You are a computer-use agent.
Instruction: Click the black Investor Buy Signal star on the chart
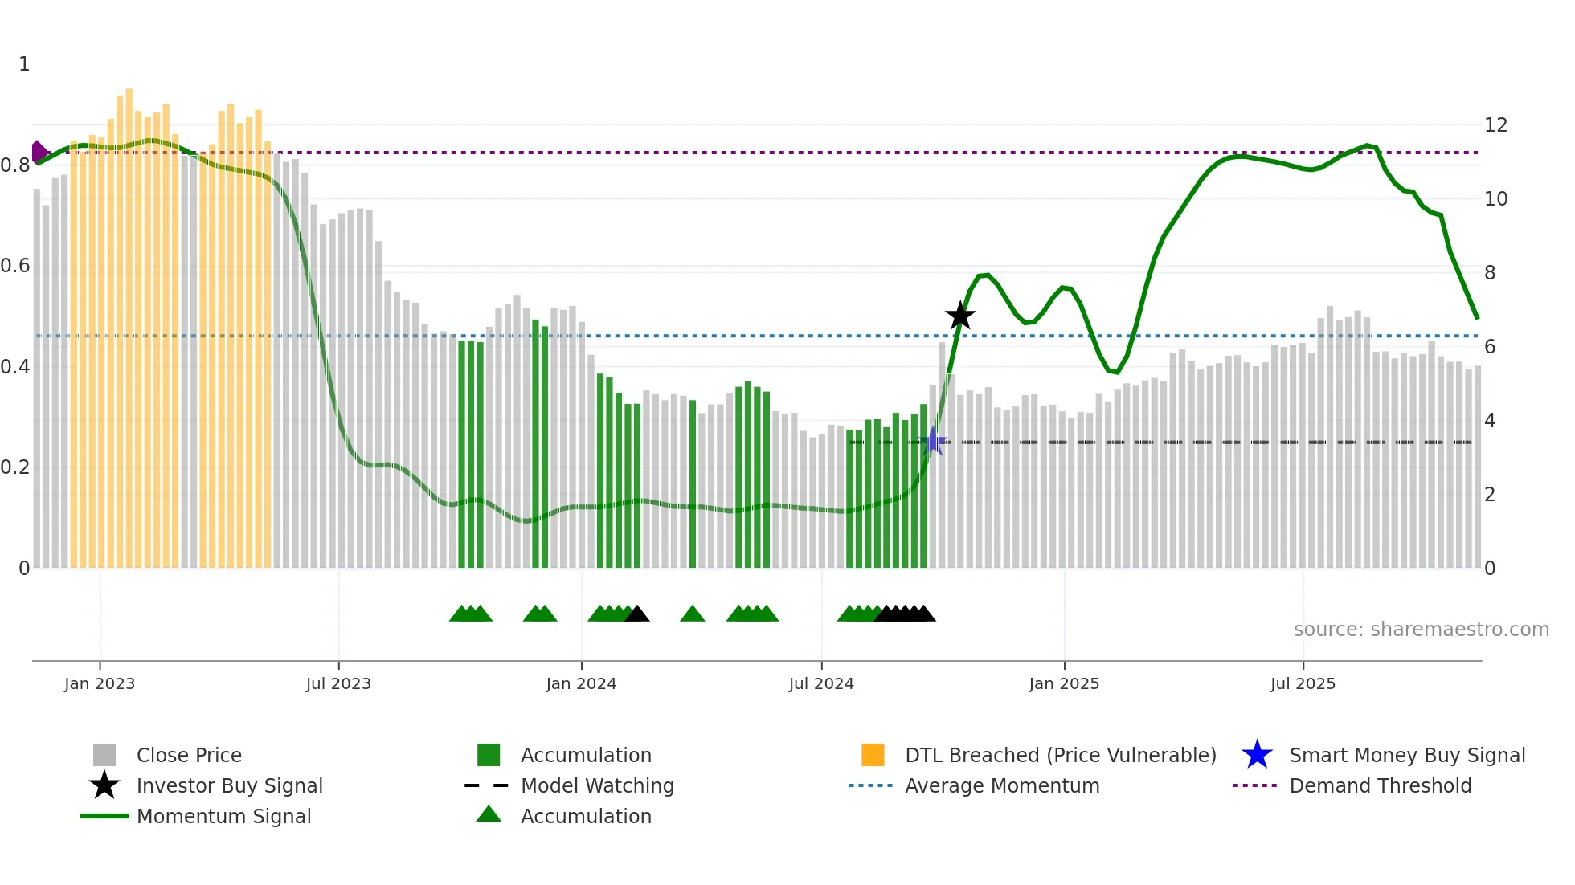click(x=959, y=316)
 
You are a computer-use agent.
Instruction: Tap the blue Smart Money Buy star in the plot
click(x=933, y=441)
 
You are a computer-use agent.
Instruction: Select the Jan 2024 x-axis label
click(x=581, y=683)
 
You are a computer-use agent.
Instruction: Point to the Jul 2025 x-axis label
click(x=1303, y=683)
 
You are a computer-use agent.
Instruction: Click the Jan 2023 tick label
click(x=100, y=683)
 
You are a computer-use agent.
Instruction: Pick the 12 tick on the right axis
click(x=1495, y=125)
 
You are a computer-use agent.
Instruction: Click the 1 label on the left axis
click(x=24, y=64)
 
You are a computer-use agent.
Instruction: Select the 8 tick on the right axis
click(x=1490, y=273)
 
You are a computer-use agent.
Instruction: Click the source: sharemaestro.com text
click(x=1421, y=630)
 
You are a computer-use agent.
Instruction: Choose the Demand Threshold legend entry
click(x=1380, y=785)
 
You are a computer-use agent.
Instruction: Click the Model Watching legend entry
click(x=597, y=785)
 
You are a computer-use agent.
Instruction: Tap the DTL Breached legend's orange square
click(x=873, y=755)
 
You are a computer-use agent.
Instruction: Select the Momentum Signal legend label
click(x=223, y=816)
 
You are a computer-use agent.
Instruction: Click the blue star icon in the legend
click(x=1257, y=755)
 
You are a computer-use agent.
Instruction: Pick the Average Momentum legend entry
click(x=1001, y=785)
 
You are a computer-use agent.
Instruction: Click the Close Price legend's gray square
click(x=104, y=755)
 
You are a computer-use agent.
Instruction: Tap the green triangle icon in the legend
click(x=489, y=814)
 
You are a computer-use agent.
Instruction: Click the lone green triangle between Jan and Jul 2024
click(x=692, y=614)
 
